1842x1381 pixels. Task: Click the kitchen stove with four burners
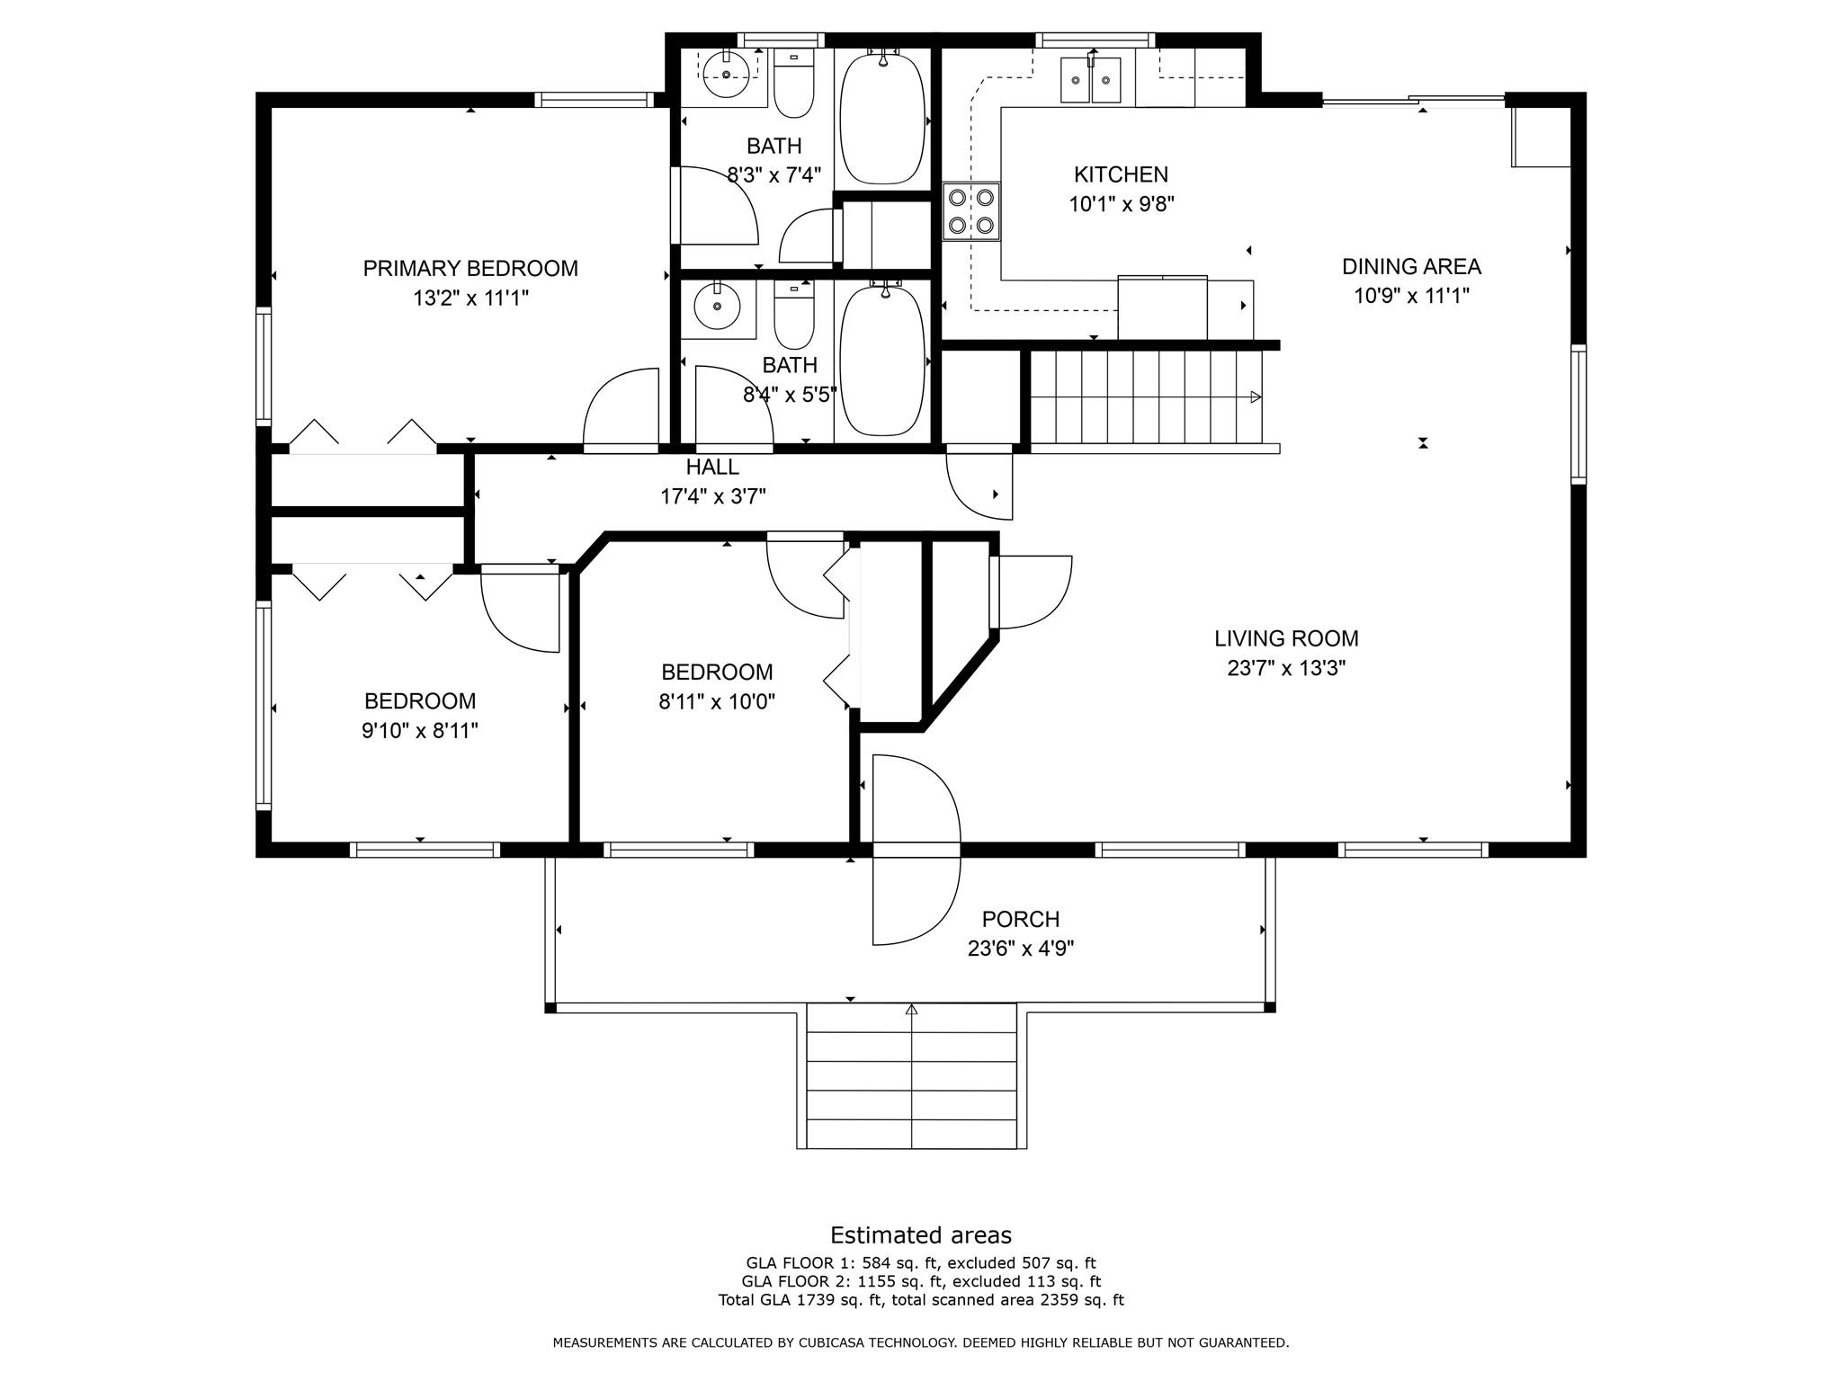pos(971,211)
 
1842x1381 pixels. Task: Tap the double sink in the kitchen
pos(1092,80)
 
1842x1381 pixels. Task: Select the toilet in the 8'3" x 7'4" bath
pos(793,84)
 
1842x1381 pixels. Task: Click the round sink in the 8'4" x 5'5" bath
pos(717,308)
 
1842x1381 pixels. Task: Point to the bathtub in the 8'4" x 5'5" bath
pos(882,359)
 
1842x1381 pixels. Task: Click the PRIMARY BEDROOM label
pos(470,268)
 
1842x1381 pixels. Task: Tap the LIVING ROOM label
pos(1286,638)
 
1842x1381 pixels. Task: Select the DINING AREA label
pos(1411,266)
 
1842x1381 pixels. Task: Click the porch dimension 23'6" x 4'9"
pos(1021,949)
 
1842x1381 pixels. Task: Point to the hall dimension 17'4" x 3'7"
pos(713,496)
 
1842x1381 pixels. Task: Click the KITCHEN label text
pos(1121,174)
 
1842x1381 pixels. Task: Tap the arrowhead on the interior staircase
pos(1256,396)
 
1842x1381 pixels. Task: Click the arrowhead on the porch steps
pos(911,1010)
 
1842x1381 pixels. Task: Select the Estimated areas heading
pos(921,1234)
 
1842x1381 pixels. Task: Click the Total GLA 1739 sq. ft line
pos(921,1299)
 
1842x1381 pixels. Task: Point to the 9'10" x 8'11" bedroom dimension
pos(420,731)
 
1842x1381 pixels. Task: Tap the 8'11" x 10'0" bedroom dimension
pos(717,702)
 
